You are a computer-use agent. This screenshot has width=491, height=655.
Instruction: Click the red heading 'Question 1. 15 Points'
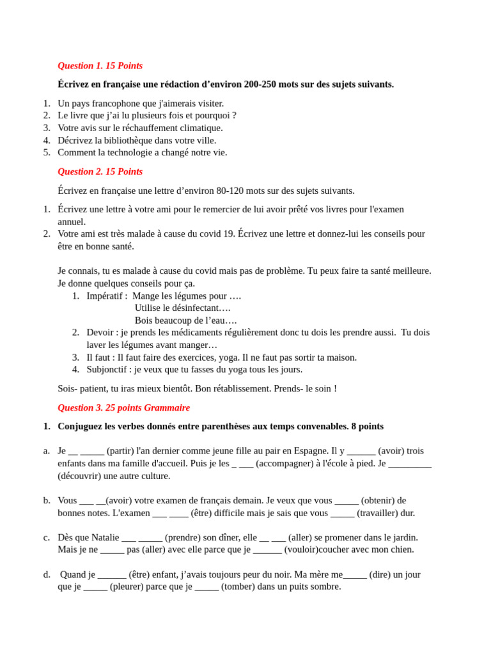100,66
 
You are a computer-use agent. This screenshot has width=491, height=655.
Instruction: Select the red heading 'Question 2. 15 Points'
100,172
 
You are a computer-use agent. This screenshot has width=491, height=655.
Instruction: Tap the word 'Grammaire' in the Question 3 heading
167,408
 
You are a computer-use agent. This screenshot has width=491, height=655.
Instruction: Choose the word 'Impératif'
107,296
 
